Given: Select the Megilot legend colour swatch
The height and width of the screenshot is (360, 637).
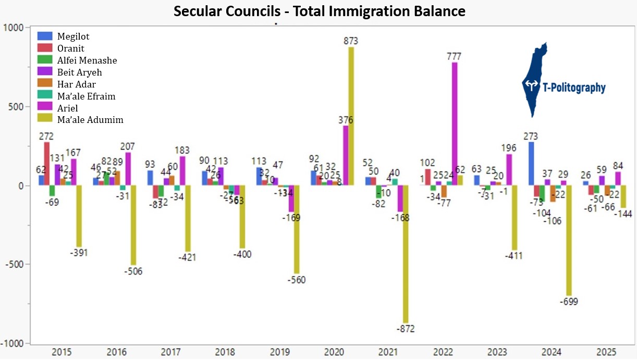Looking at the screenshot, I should [x=45, y=36].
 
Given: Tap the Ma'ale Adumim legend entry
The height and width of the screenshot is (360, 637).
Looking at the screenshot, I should [x=90, y=120].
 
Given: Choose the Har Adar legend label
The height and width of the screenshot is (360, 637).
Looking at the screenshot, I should [x=76, y=84].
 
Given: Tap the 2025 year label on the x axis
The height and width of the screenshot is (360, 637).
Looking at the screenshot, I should [x=607, y=352].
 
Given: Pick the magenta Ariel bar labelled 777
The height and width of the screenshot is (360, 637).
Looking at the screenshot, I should [x=455, y=123].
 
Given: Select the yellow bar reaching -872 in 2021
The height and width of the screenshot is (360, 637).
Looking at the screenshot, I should [x=406, y=254].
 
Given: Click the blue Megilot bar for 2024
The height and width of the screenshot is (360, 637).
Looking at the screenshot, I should [x=531, y=164].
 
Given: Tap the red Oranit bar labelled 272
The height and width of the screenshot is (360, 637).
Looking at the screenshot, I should [x=47, y=164].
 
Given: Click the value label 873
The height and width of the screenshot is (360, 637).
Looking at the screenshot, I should [x=351, y=41].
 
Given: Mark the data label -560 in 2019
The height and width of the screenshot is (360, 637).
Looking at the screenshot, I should [x=296, y=280].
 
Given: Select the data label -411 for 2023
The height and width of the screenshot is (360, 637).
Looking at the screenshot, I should [x=513, y=256].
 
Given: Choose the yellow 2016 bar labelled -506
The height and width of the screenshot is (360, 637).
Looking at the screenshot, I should [x=133, y=225].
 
